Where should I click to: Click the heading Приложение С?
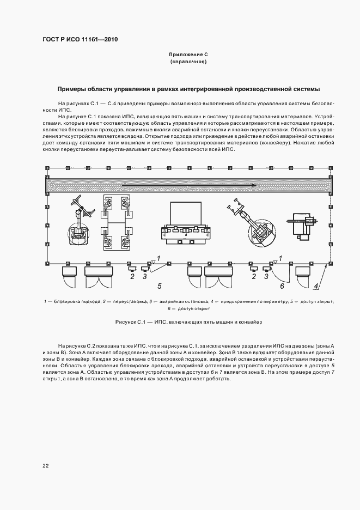point(188,56)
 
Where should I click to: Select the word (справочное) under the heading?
point(188,63)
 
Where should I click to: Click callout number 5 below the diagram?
point(159,286)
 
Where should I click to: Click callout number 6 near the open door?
point(282,286)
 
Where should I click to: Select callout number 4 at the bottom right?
point(316,286)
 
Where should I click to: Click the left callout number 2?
point(132,277)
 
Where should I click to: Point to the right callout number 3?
point(266,277)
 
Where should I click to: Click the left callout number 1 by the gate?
point(158,257)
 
